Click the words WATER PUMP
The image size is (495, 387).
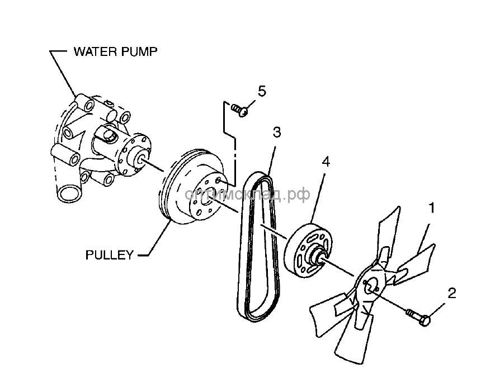(x=116, y=52)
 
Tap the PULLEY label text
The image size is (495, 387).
(x=110, y=255)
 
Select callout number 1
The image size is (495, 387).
(x=431, y=208)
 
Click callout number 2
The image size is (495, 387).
(x=452, y=292)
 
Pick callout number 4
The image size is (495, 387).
(x=326, y=163)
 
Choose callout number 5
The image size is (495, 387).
(x=262, y=90)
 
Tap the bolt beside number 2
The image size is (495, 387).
(x=419, y=317)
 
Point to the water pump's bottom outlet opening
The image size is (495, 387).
(x=67, y=193)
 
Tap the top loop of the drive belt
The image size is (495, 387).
(x=260, y=178)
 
